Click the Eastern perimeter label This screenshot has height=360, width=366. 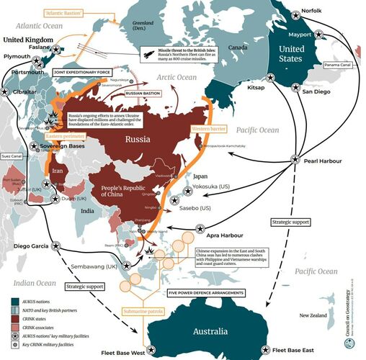[61, 135]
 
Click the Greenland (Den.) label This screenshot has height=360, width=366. [138, 27]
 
